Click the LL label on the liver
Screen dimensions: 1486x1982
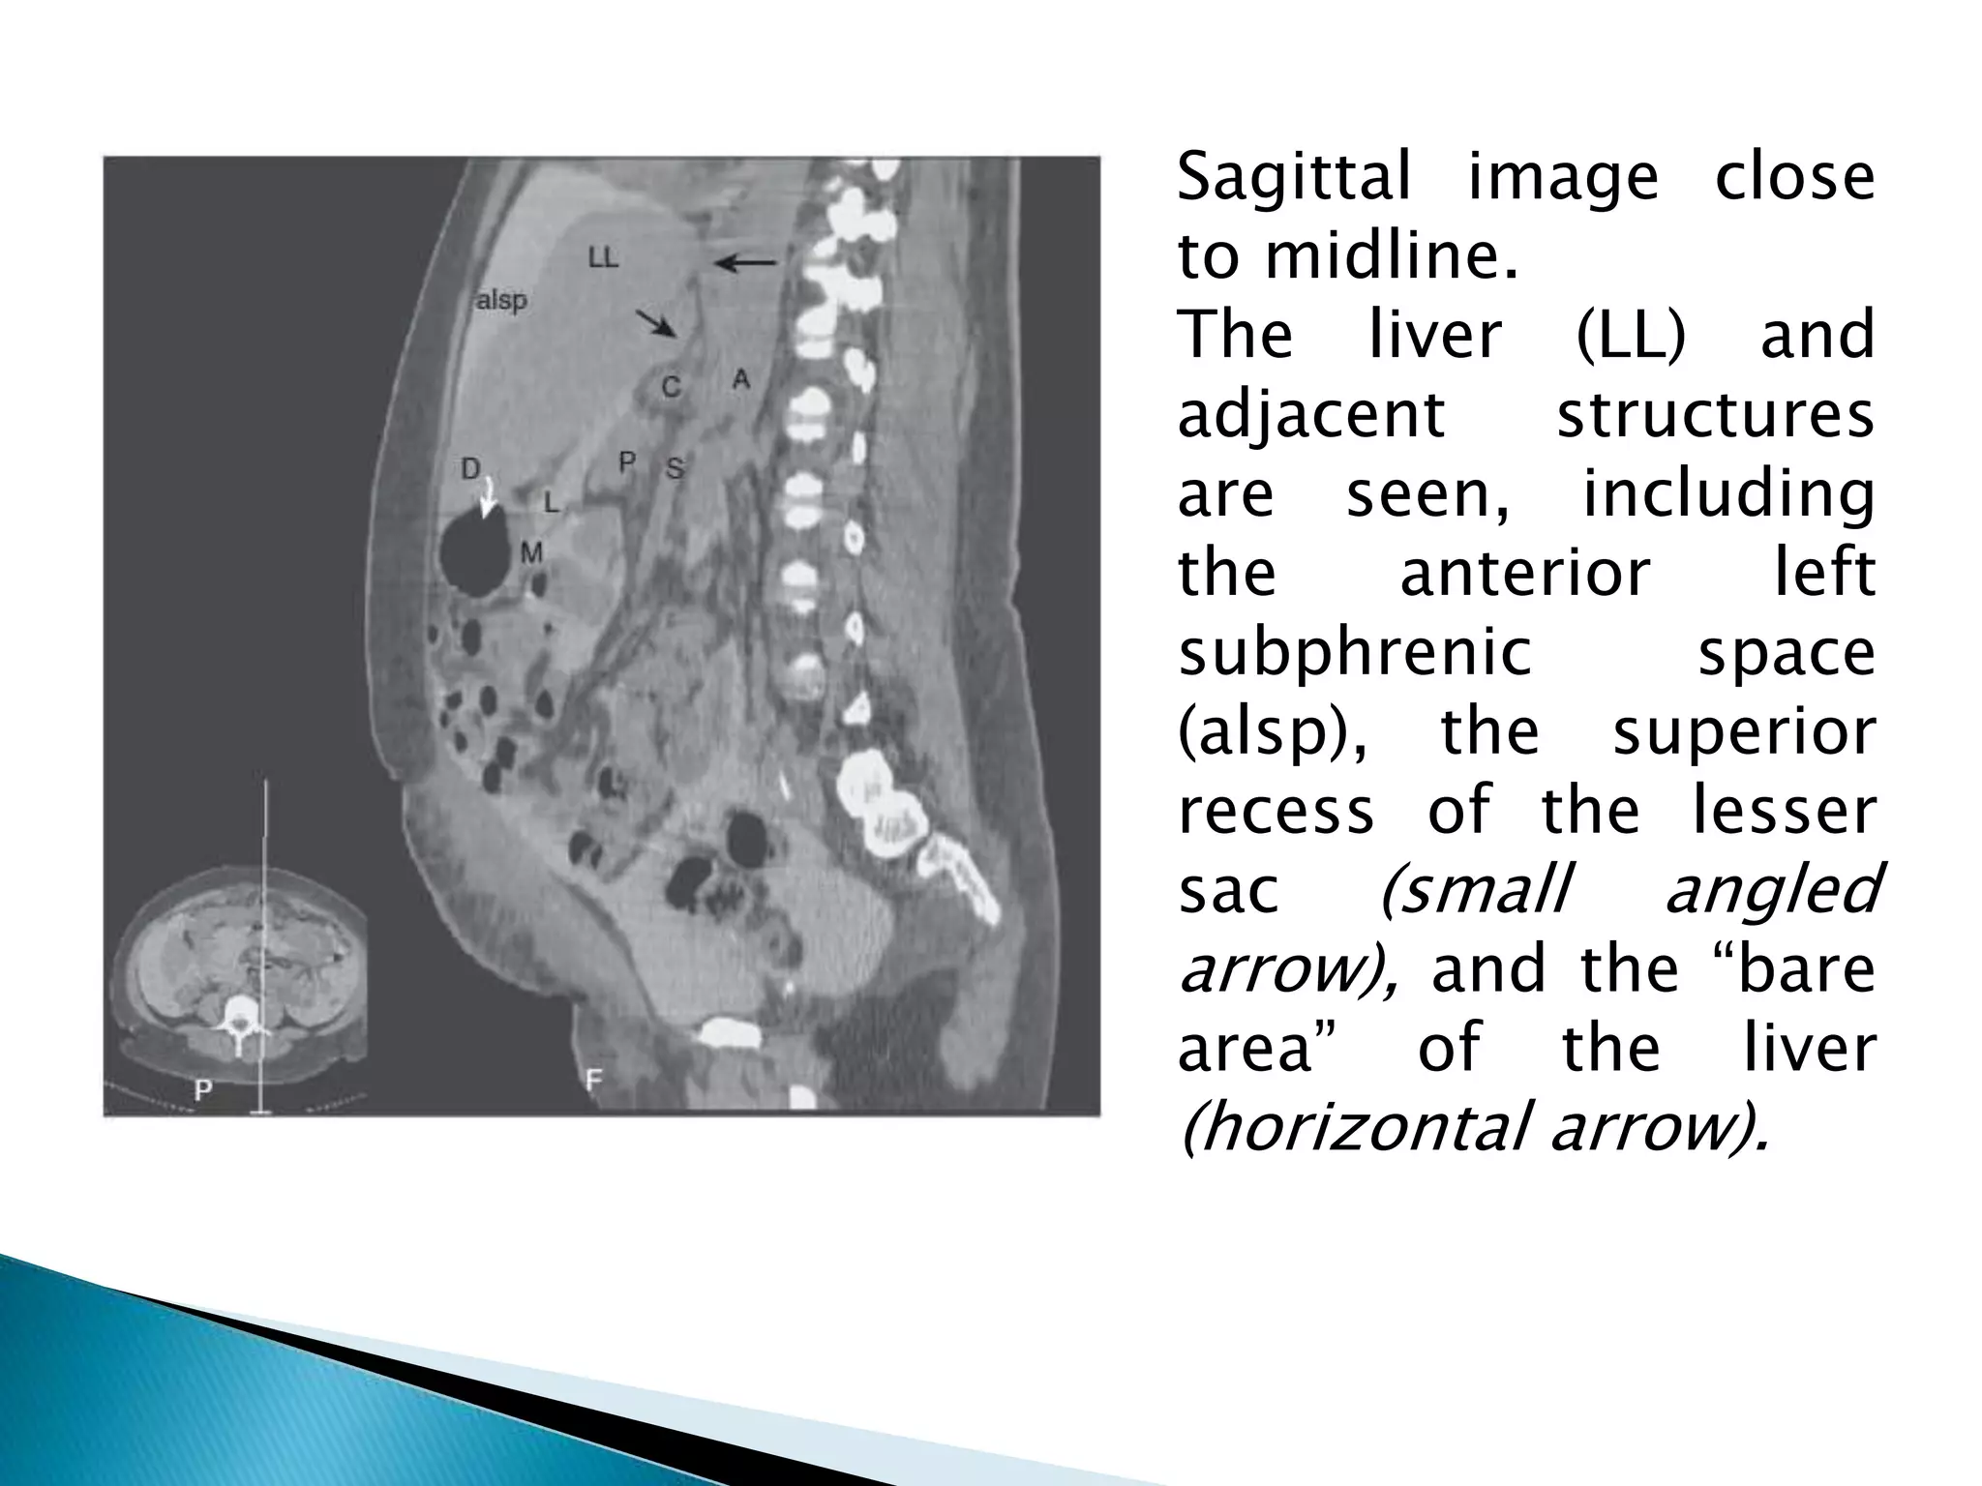603,257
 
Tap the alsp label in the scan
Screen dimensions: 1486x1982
501,301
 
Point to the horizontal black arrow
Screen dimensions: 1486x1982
745,262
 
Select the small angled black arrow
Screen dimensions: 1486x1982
656,323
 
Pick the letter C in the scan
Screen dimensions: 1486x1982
671,387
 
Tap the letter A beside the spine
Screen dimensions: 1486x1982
740,378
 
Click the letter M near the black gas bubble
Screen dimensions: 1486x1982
531,552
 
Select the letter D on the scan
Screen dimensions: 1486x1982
470,469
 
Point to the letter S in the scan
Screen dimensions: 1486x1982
675,469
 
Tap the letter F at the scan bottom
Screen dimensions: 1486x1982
594,1079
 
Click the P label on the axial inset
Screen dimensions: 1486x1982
203,1090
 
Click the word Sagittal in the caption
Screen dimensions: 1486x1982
1294,178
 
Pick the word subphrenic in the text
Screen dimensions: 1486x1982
1355,654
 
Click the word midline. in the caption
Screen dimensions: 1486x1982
1391,257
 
